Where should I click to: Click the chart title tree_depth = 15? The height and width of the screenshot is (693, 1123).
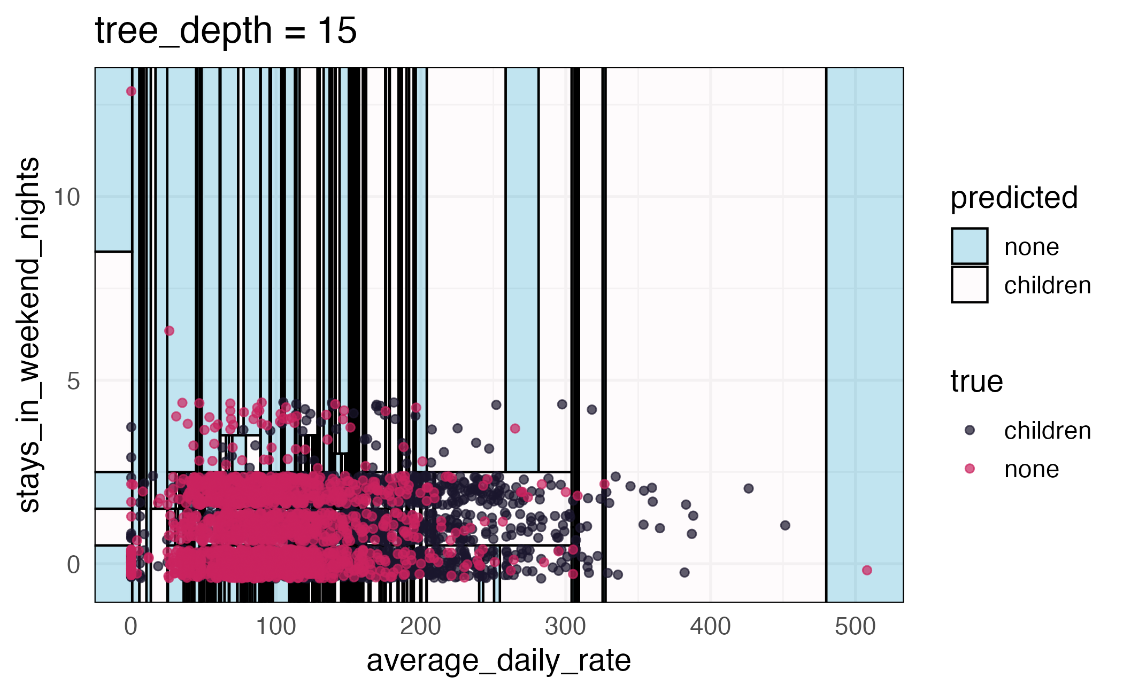(226, 30)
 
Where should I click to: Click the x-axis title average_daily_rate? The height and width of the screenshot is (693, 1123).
(498, 661)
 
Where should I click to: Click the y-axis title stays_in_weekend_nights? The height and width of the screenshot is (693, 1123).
(29, 335)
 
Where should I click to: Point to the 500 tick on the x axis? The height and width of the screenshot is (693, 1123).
(855, 627)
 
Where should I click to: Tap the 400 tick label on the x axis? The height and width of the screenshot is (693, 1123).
(710, 627)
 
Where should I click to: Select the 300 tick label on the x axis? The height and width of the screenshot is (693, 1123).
(565, 627)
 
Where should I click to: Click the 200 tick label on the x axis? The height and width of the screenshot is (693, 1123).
(420, 627)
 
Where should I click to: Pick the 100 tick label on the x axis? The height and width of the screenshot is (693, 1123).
(275, 627)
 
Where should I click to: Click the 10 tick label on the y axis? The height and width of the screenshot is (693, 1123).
(67, 197)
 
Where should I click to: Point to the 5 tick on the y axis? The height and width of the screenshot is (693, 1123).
(74, 381)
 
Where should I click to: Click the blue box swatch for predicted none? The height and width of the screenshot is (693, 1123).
(969, 246)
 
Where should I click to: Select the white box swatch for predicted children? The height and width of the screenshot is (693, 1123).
(969, 285)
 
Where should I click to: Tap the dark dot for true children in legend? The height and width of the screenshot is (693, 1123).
(970, 430)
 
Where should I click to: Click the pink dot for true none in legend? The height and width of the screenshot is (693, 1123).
(970, 469)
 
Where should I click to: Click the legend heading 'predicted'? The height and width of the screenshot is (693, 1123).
(1013, 198)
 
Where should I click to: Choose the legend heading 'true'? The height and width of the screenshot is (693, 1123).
(976, 382)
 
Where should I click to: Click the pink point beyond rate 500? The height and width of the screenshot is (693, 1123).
(867, 570)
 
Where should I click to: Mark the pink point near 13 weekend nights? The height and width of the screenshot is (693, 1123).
(131, 91)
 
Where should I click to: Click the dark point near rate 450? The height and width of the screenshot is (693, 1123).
(785, 525)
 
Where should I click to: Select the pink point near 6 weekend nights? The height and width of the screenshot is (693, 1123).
(169, 331)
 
